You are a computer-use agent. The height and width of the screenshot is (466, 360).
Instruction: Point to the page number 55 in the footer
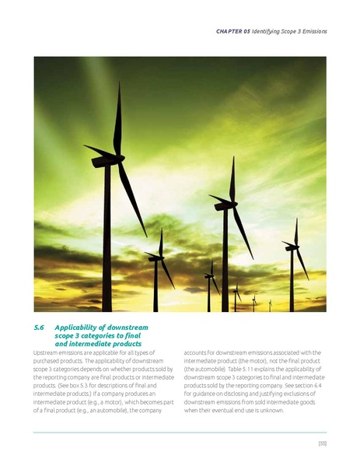click(321, 443)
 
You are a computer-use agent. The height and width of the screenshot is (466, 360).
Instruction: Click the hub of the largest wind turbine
click(119, 158)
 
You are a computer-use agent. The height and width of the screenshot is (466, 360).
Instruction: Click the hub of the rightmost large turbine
click(294, 247)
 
